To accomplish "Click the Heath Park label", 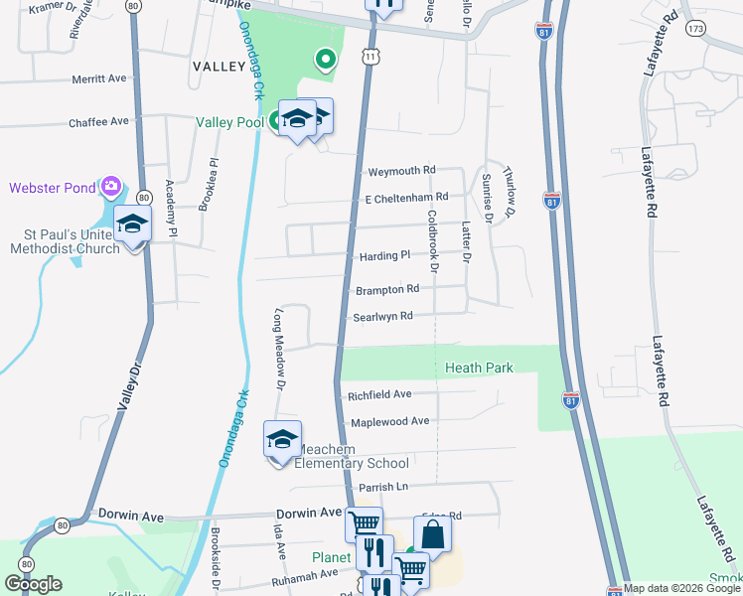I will [479, 368].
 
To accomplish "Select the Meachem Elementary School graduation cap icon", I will [282, 439].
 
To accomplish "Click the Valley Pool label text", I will [229, 122].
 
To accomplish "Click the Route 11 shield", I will [371, 58].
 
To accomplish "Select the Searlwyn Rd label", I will [382, 317].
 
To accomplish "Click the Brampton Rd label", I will [386, 289].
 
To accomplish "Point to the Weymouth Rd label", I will [401, 171].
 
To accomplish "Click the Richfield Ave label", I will [379, 394].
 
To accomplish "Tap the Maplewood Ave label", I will [389, 421].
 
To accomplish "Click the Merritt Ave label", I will [99, 78].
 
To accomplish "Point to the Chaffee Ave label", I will [99, 121].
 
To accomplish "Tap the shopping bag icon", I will [433, 535].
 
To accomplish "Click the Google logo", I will [33, 584].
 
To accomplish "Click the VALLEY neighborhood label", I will [219, 66].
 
